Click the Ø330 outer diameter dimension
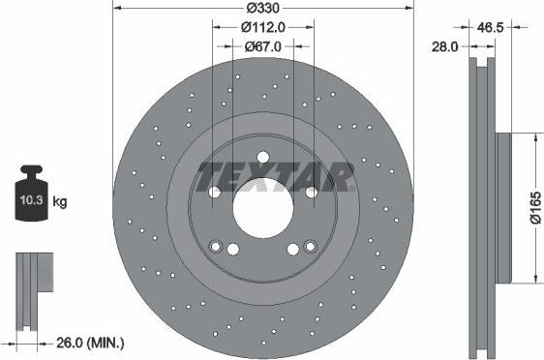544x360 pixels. point(262,8)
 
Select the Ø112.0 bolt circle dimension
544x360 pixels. point(263,27)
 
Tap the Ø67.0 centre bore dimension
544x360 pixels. point(263,46)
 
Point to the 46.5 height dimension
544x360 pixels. point(490,27)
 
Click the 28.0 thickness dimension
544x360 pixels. point(444,46)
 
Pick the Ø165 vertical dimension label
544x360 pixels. point(535,208)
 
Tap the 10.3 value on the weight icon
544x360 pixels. point(31,200)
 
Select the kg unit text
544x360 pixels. point(60,201)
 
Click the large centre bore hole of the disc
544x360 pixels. point(263,208)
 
